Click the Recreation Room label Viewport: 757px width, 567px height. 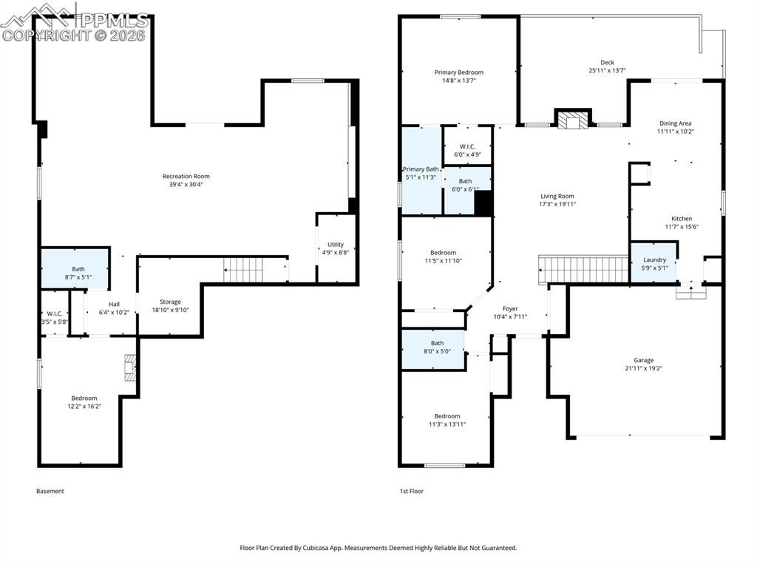(x=186, y=176)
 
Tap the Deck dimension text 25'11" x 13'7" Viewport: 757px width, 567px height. (x=607, y=71)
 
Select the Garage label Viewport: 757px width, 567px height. (x=643, y=360)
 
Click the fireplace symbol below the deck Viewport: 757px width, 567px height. (x=574, y=119)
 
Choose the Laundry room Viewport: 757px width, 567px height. (x=654, y=262)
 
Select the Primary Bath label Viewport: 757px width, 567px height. (x=421, y=169)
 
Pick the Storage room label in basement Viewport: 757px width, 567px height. (x=170, y=302)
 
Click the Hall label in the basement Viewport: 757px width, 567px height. (x=114, y=304)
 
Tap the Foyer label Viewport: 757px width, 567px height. (x=510, y=308)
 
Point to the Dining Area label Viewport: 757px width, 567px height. (x=674, y=123)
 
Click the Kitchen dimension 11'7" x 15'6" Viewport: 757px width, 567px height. (x=682, y=227)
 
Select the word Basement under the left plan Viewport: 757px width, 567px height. (x=50, y=491)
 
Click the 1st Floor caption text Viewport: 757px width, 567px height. (x=412, y=491)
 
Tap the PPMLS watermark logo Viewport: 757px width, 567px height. (x=74, y=21)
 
